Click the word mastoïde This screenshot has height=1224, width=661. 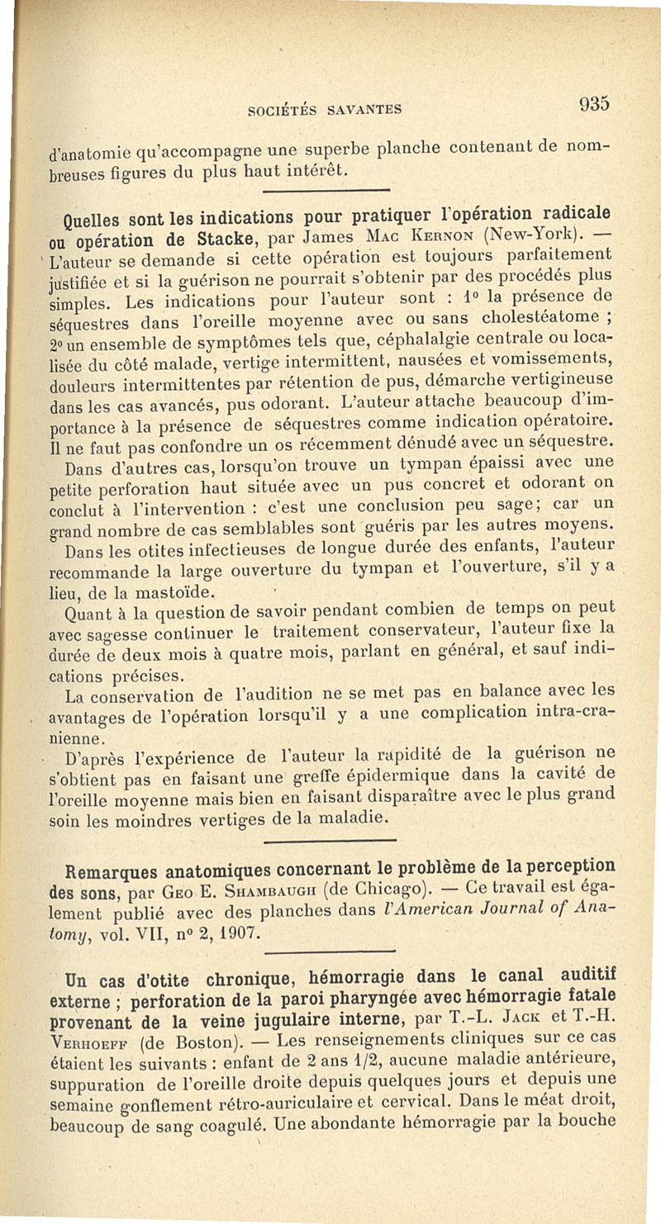[177, 591]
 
